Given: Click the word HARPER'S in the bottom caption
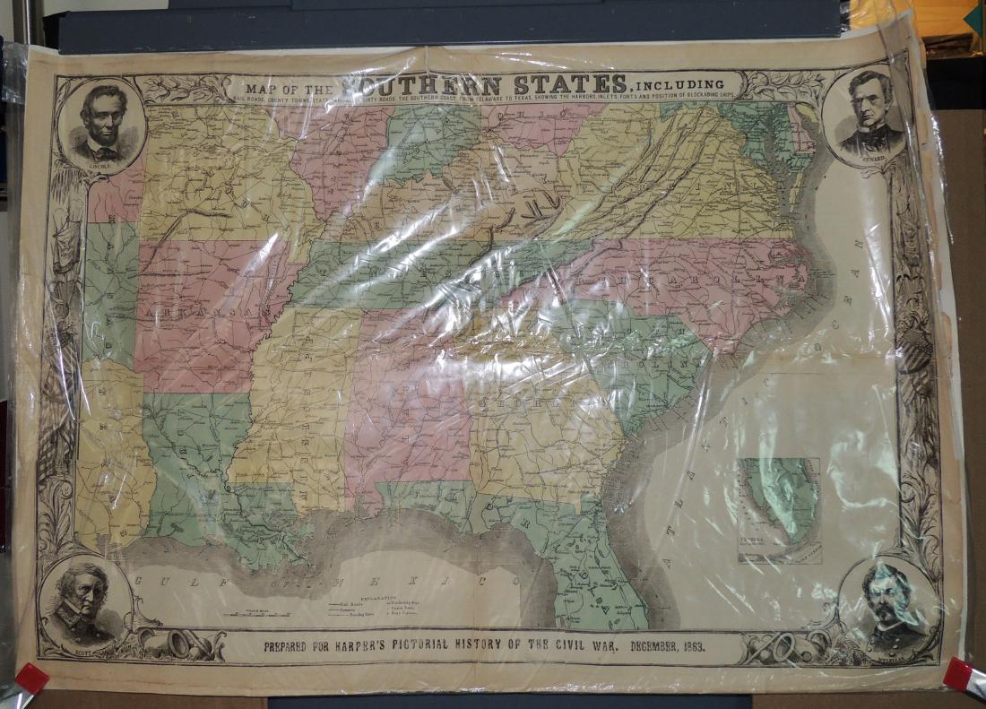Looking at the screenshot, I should pyautogui.click(x=370, y=646).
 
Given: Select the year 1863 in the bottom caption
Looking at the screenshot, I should pyautogui.click(x=686, y=645).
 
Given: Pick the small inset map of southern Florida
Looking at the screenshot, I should pyautogui.click(x=778, y=509).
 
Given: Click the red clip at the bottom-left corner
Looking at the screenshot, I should pyautogui.click(x=31, y=679).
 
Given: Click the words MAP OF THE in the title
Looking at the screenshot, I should pyautogui.click(x=290, y=90).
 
